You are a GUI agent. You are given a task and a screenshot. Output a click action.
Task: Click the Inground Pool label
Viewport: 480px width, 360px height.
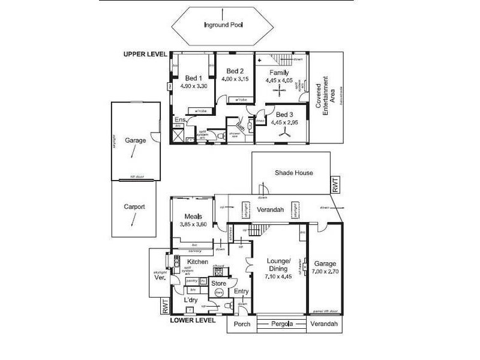222,25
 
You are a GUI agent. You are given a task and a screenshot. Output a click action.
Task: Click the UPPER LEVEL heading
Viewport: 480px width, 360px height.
145,54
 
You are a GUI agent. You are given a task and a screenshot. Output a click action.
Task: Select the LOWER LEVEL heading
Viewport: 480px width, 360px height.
192,320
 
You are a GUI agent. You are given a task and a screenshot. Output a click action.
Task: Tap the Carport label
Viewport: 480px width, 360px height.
134,208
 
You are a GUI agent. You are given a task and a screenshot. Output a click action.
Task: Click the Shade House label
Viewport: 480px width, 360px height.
293,173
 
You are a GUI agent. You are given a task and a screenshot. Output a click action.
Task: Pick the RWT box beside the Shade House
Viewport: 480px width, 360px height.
335,184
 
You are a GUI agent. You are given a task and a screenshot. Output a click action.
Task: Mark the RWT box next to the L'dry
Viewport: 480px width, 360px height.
164,306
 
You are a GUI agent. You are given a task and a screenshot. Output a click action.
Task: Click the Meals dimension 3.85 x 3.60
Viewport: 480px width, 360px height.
193,224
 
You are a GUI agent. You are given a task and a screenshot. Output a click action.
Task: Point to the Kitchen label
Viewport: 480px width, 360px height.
197,262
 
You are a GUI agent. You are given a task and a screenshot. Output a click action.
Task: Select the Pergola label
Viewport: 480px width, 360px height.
282,325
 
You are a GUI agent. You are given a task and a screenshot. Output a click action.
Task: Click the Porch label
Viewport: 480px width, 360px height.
241,325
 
